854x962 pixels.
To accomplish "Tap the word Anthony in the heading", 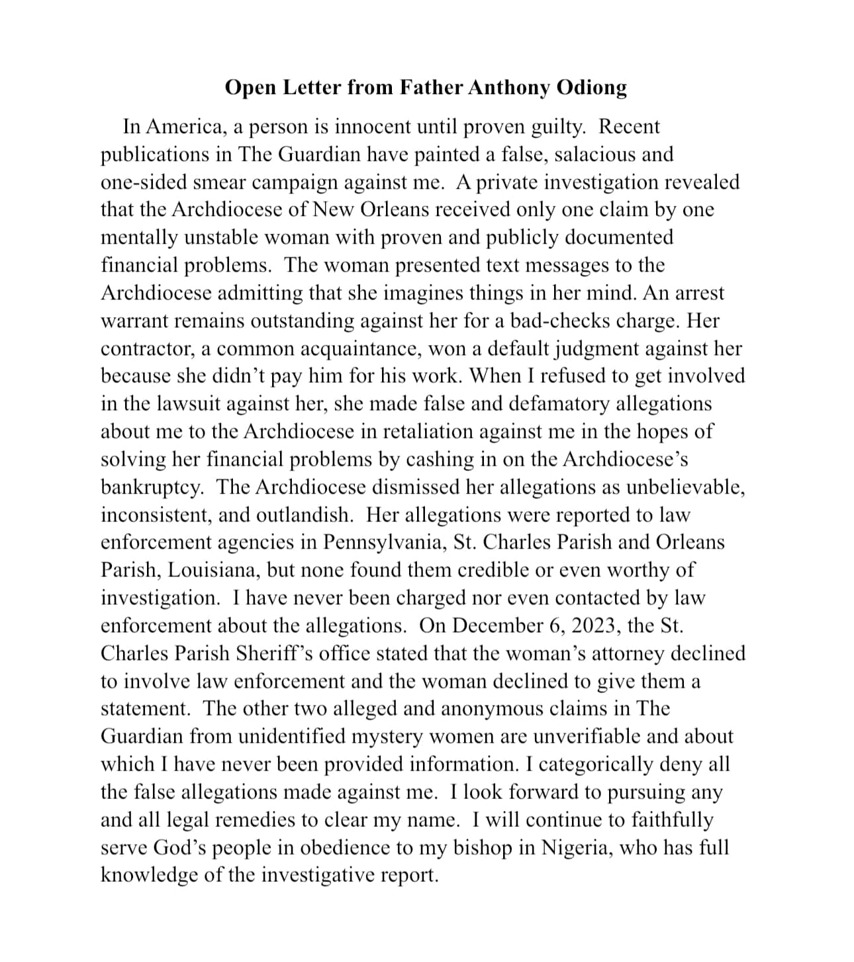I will click(509, 87).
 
